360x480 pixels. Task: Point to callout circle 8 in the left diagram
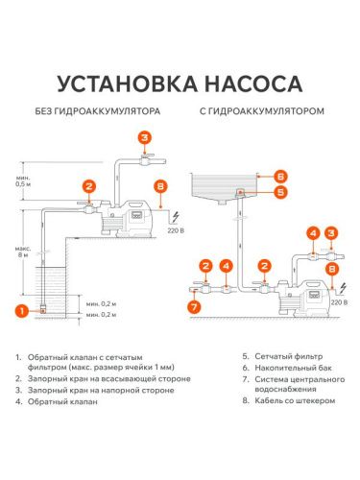coord(160,185)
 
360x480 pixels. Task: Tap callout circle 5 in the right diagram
coord(279,191)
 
